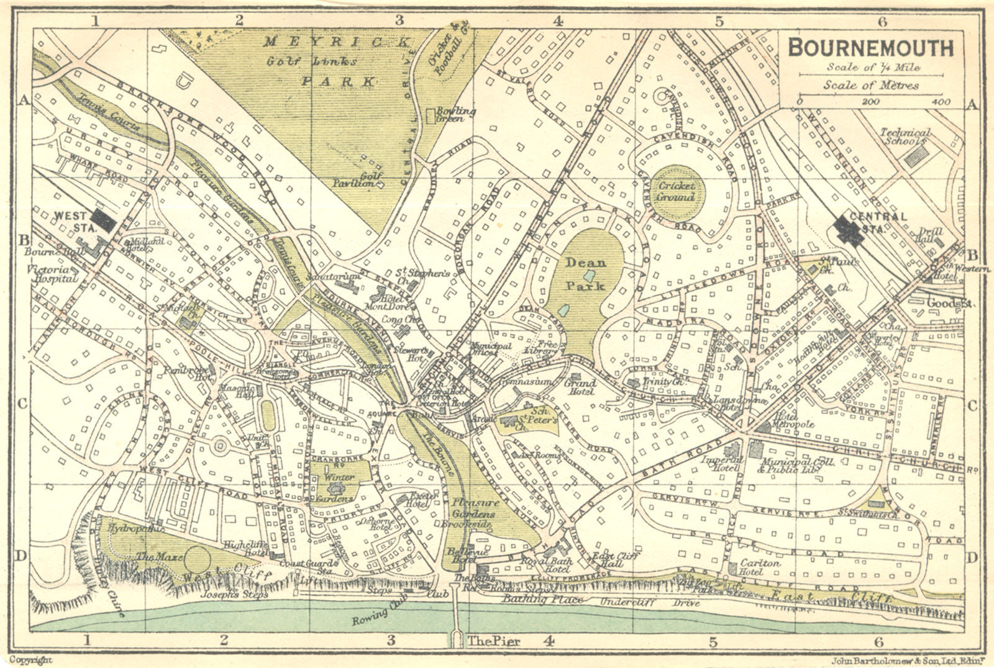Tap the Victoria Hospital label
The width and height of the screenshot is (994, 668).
click(52, 274)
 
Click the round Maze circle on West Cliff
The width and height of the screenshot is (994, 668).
click(198, 559)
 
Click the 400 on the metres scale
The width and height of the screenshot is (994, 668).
click(941, 101)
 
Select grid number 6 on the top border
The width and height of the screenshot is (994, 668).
click(880, 20)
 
